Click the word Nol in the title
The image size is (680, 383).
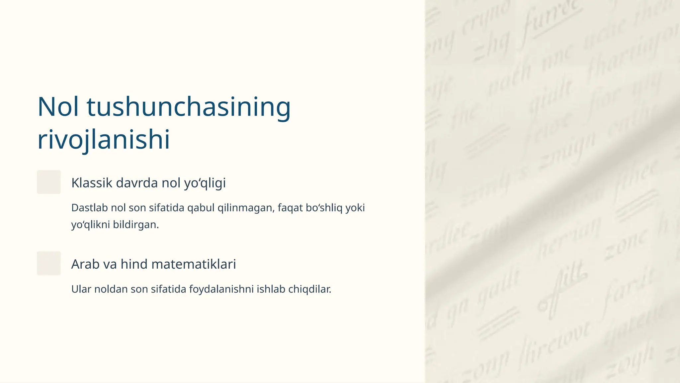tap(58, 107)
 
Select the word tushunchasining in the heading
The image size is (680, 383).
tap(189, 107)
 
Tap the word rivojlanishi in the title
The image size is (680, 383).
tap(104, 139)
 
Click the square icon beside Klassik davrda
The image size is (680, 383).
tap(49, 182)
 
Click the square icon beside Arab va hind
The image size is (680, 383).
tap(49, 263)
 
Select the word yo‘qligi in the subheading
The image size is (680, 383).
tap(205, 183)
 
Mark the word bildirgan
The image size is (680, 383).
tap(136, 225)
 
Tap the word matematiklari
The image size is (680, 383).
tap(193, 264)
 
